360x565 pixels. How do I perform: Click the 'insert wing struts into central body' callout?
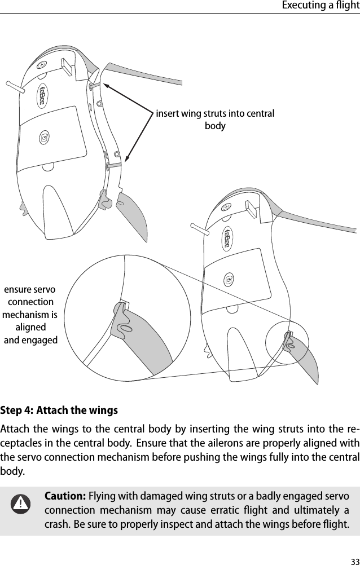click(x=215, y=120)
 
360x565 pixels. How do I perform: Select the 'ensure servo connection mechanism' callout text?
click(x=30, y=315)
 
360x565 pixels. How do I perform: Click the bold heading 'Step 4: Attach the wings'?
click(x=59, y=409)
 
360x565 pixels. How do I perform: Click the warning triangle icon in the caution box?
click(x=21, y=503)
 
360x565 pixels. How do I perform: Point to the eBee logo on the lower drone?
click(x=227, y=239)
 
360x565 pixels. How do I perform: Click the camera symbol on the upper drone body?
click(x=45, y=138)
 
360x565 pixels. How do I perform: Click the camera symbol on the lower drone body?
click(x=229, y=279)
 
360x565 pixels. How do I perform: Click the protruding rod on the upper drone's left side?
click(x=15, y=87)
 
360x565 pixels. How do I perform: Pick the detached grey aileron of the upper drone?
click(x=133, y=214)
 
